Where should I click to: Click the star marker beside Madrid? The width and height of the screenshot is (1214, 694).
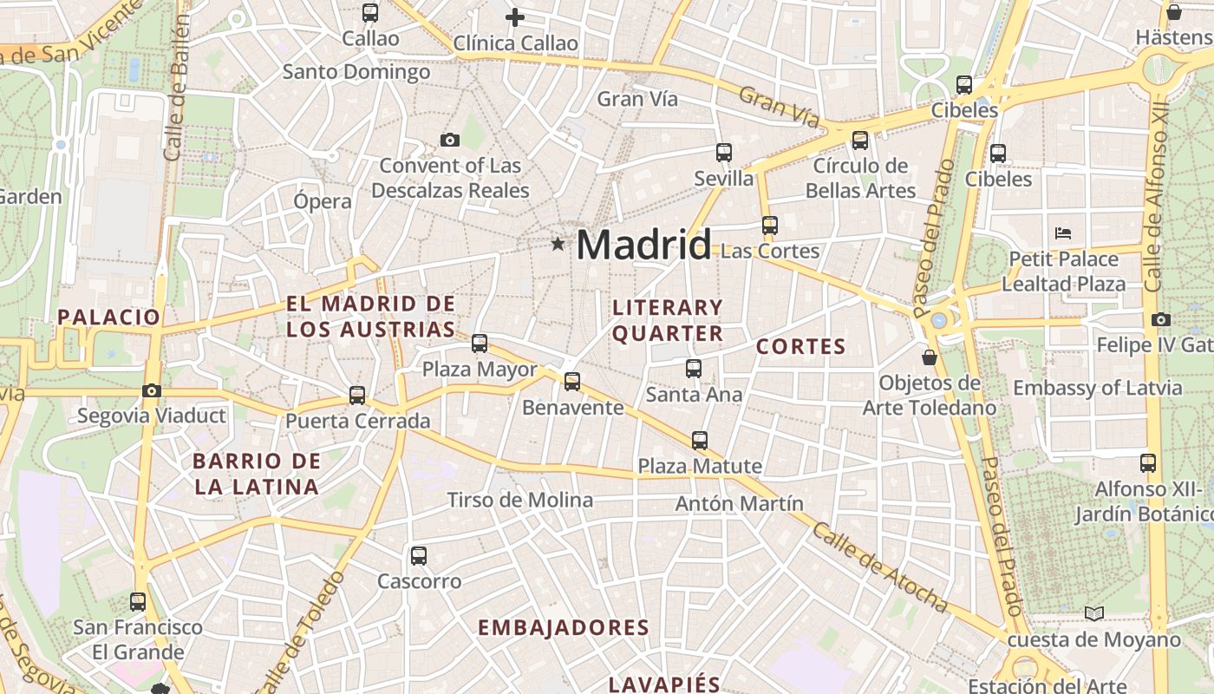[558, 246]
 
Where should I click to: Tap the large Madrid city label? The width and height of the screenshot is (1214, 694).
[643, 245]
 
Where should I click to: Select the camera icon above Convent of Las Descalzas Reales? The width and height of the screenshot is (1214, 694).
[449, 141]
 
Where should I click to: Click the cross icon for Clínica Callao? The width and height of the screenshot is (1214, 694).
[515, 17]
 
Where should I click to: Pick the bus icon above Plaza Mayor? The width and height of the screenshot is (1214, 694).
[480, 344]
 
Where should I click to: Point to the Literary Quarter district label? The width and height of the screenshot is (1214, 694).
[668, 320]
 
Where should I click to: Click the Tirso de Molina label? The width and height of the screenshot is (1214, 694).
[519, 500]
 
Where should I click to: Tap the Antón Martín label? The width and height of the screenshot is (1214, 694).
[739, 503]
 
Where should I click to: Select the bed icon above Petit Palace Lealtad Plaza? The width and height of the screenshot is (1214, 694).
[1063, 233]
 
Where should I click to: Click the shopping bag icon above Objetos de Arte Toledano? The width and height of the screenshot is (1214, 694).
[930, 357]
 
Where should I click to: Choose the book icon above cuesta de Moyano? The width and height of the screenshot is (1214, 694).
[1094, 614]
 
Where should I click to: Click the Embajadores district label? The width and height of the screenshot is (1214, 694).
[564, 627]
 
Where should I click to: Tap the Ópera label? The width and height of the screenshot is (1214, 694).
[323, 201]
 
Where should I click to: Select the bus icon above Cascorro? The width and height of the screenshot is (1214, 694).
[419, 556]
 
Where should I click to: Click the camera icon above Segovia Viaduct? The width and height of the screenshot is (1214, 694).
[152, 391]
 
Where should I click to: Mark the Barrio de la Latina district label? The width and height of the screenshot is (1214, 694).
[257, 474]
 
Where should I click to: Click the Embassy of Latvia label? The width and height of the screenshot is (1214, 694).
[1097, 388]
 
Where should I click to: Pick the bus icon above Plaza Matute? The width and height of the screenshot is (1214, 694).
[700, 441]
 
